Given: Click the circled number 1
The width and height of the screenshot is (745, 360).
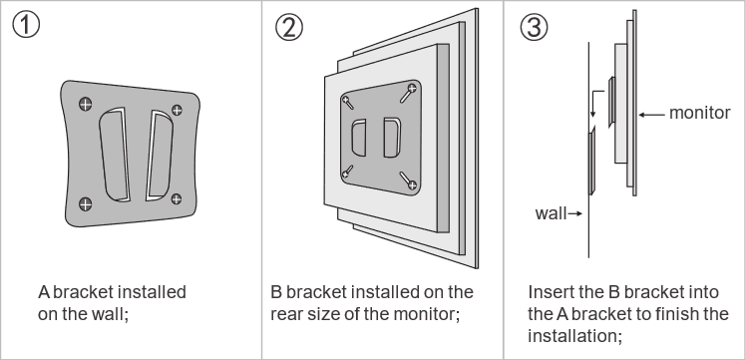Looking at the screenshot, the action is pyautogui.click(x=26, y=25).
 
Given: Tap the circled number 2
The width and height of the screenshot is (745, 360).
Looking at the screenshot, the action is pyautogui.click(x=288, y=27).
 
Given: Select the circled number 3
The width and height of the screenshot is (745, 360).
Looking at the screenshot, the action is pyautogui.click(x=534, y=27).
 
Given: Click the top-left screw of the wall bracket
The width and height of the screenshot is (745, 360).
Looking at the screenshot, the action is pyautogui.click(x=86, y=104).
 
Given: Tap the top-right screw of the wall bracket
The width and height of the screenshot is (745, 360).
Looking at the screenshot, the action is pyautogui.click(x=177, y=110).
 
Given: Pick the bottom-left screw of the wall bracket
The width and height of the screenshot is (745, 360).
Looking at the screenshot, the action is pyautogui.click(x=86, y=204).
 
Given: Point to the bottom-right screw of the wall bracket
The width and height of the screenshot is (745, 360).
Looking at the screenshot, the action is pyautogui.click(x=177, y=198).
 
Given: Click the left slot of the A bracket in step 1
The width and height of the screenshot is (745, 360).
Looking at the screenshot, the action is pyautogui.click(x=115, y=155).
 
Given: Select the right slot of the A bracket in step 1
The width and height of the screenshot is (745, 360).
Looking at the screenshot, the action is pyautogui.click(x=160, y=156).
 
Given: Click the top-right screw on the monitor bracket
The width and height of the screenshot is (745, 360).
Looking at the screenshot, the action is pyautogui.click(x=412, y=88).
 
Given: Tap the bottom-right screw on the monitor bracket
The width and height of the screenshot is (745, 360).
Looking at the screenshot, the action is pyautogui.click(x=412, y=184).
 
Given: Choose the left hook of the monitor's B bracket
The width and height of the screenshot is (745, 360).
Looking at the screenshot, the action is pyautogui.click(x=359, y=138).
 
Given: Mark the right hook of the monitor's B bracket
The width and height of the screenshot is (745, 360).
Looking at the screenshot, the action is pyautogui.click(x=392, y=138).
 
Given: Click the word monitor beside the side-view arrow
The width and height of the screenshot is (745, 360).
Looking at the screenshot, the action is pyautogui.click(x=699, y=113).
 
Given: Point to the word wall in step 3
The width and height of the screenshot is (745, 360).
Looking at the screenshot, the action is pyautogui.click(x=551, y=213).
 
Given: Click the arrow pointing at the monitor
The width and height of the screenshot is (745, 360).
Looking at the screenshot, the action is pyautogui.click(x=651, y=115).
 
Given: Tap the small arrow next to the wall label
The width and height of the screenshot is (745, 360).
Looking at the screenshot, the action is pyautogui.click(x=575, y=213).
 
